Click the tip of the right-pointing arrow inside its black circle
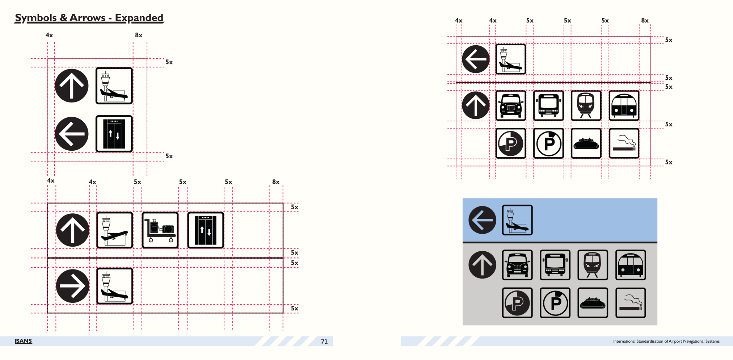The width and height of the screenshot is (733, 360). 85,286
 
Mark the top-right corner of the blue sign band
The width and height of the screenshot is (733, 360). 657,198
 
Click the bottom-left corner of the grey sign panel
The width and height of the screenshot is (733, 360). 463,325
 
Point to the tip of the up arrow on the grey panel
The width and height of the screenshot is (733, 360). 482,254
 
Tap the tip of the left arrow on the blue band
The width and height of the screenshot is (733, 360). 471,220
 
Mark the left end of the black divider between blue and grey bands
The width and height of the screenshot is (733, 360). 463,242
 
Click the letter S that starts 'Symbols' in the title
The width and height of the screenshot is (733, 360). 18,18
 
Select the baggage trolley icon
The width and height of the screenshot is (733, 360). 160,230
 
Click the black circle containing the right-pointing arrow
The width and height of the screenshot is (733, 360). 72,286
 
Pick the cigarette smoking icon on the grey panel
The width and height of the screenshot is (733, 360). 630,303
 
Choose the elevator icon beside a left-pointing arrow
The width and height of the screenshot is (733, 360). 114,134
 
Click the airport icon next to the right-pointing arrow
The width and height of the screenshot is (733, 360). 115,286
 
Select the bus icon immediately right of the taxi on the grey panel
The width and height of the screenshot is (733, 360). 555,265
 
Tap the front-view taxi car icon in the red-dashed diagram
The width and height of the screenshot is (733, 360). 510,105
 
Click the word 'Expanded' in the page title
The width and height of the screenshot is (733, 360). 139,18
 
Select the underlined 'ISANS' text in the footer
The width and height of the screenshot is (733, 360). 23,341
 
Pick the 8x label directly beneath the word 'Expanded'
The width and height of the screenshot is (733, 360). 139,35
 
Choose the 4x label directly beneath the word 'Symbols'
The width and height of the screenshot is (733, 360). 49,35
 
